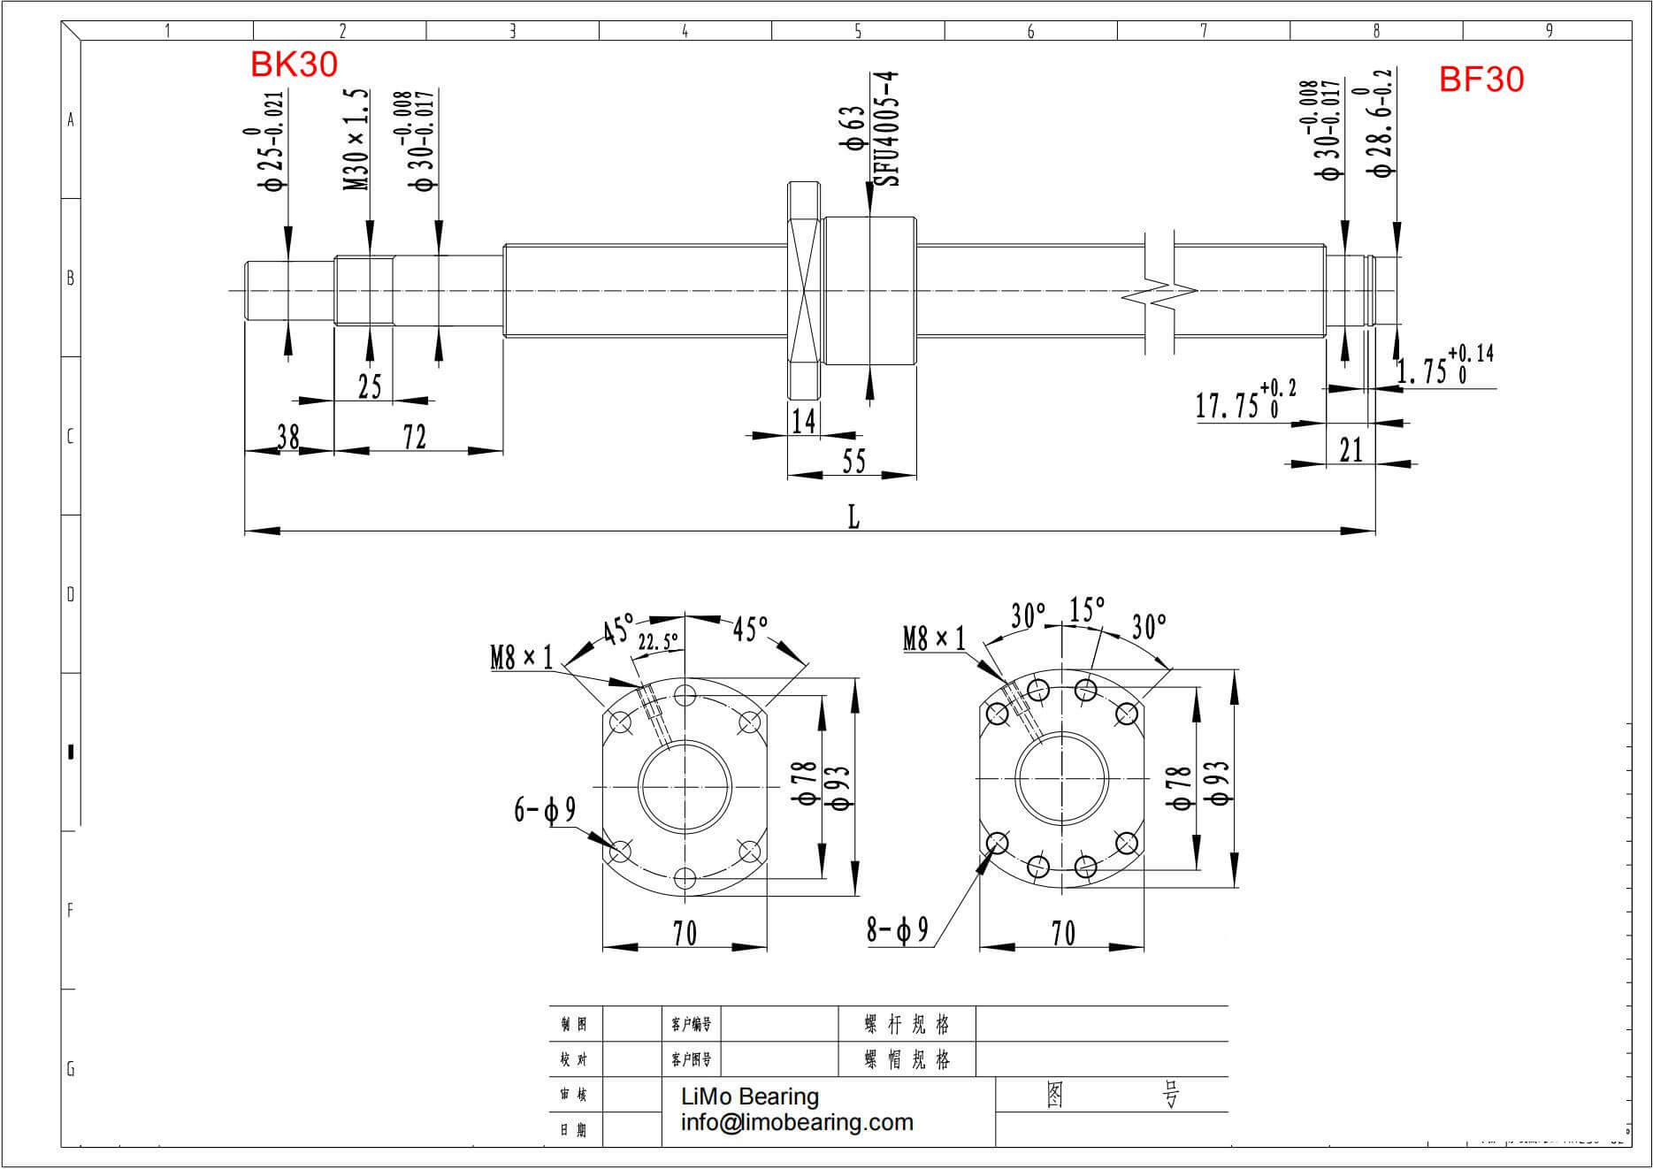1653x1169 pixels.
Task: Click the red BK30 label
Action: pos(294,65)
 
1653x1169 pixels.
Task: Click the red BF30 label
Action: pos(1481,80)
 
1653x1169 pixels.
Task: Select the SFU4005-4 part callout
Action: pos(887,129)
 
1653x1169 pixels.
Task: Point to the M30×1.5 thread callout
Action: pos(356,139)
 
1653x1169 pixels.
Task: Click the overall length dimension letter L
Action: pos(853,517)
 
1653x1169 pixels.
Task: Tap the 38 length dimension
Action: pos(288,437)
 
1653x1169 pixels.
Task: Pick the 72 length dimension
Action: pos(415,437)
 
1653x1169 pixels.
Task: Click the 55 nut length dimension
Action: pos(853,462)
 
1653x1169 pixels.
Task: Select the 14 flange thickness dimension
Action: pos(803,421)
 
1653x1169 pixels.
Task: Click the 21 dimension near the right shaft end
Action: pos(1351,450)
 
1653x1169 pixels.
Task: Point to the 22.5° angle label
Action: pos(659,641)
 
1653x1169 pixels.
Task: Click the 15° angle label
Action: pos(1087,609)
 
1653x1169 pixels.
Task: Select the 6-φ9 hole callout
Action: pos(545,809)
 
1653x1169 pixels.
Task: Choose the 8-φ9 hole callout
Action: pos(897,929)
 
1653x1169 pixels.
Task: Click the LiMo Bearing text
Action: pos(750,1096)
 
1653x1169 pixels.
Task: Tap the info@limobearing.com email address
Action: pos(797,1122)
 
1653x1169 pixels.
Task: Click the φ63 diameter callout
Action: pos(853,129)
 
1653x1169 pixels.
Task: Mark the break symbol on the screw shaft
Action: pos(1159,292)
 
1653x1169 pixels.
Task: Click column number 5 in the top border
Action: pos(858,31)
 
